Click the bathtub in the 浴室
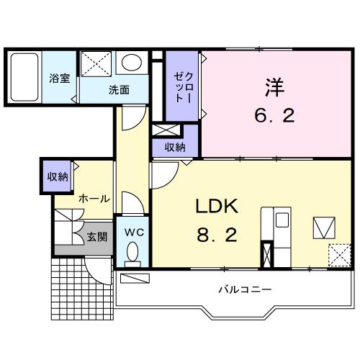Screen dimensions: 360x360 pos(24,77)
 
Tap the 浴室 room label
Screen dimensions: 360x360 pos(60,78)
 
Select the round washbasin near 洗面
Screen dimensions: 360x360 pos(132,63)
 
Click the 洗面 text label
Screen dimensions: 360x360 pos(119,90)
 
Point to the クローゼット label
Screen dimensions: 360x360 pos(183,88)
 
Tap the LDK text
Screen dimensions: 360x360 pos(217,206)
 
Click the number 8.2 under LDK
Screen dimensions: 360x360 pos(217,235)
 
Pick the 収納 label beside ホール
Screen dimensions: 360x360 pos(58,177)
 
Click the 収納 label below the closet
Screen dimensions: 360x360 pos(175,147)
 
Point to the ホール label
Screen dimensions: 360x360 pos(94,199)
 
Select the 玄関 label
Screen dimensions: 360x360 pos(97,237)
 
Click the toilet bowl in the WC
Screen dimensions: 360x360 pos(132,251)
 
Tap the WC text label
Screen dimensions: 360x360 pos(134,232)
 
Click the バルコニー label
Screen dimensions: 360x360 pos(245,289)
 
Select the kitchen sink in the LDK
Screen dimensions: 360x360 pos(282,220)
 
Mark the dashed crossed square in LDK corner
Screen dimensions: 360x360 pos(340,255)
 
